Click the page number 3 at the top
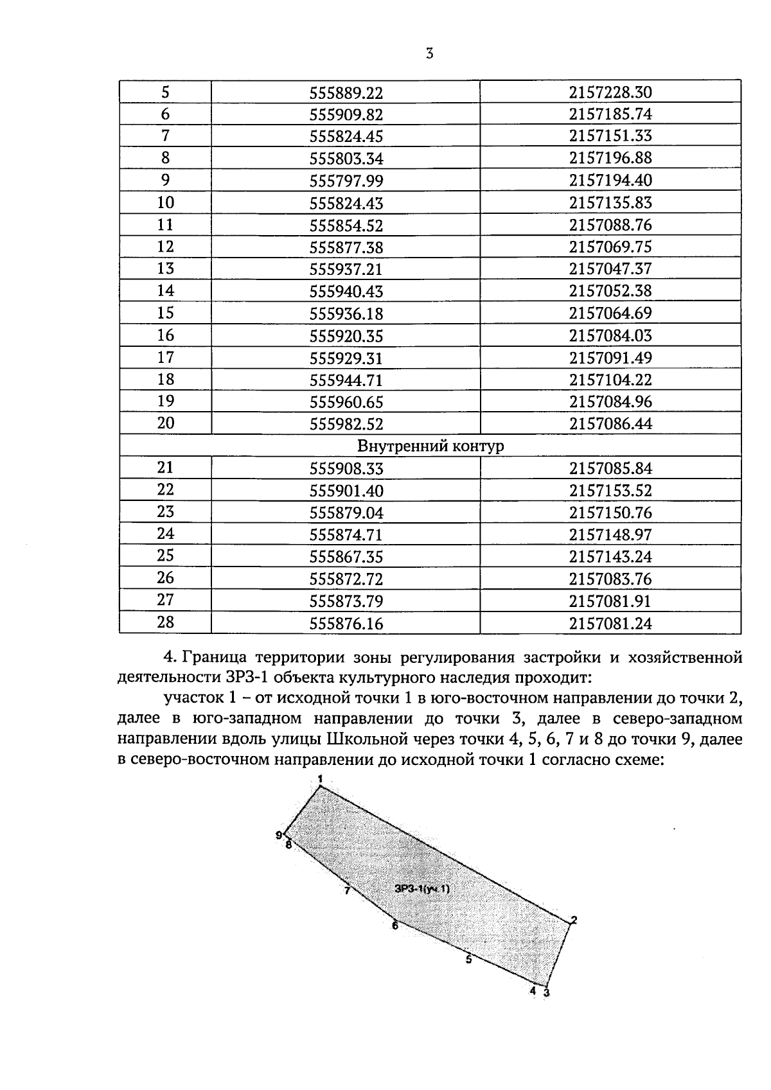coord(430,54)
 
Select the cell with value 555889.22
coord(346,93)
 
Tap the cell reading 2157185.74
coord(610,115)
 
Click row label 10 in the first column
coord(165,203)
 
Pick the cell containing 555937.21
coord(346,269)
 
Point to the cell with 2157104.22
coord(610,380)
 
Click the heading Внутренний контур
coord(430,446)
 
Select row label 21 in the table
coord(165,468)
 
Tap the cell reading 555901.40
coord(346,491)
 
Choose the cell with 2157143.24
coord(610,557)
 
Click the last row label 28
coord(165,622)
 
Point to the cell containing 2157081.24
coord(610,623)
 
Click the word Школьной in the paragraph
coord(369,739)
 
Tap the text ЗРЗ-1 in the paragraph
coord(244,678)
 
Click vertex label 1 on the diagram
coord(320,778)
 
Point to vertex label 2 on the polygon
coord(574,920)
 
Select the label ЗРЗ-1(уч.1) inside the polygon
coord(422,889)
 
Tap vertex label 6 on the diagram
coord(394,926)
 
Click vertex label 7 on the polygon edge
coord(347,891)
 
